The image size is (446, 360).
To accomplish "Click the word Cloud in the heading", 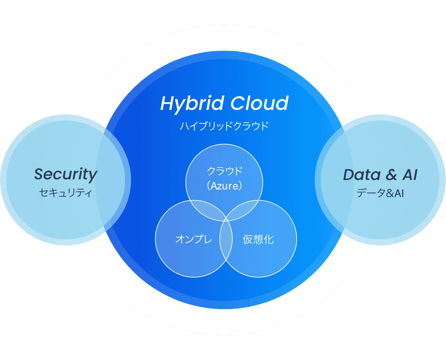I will [x=259, y=103].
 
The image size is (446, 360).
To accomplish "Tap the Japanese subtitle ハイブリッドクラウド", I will [x=224, y=126].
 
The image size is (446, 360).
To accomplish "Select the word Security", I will [x=66, y=174].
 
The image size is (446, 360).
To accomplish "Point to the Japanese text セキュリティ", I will [x=66, y=193].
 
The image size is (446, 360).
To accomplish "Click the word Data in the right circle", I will [x=361, y=175].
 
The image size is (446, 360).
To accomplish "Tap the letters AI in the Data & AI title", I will [x=410, y=175].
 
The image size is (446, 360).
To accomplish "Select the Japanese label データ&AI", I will [x=380, y=193].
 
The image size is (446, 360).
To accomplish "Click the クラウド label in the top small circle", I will [x=224, y=171].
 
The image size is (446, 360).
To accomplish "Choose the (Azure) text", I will [x=224, y=186].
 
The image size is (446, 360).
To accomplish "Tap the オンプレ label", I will [x=193, y=239].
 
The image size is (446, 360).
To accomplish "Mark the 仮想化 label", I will [x=258, y=239].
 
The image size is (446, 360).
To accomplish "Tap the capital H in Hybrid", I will [x=167, y=103].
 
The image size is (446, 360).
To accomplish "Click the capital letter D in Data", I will [x=349, y=175].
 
